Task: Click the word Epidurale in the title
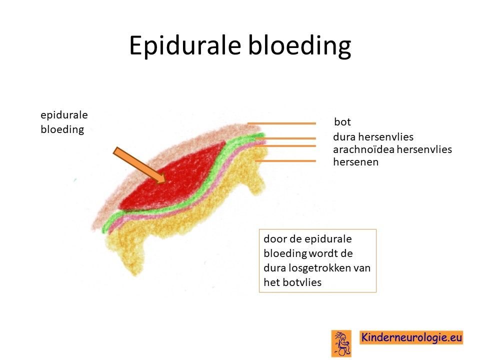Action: coord(185,45)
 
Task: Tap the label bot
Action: coord(342,122)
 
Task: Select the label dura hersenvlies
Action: coord(373,136)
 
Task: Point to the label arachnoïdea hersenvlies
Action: coord(392,149)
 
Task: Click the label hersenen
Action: coord(355,161)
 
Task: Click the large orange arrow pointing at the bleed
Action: coord(139,165)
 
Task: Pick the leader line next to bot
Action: coord(281,123)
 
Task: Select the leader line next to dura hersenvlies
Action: coord(285,138)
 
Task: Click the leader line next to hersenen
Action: coord(285,160)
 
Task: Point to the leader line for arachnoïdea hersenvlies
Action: coord(285,145)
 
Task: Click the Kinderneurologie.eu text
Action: coord(411,337)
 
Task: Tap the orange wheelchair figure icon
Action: coord(341,343)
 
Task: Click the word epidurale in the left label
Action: coord(64,115)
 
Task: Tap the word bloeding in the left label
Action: coord(62,129)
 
